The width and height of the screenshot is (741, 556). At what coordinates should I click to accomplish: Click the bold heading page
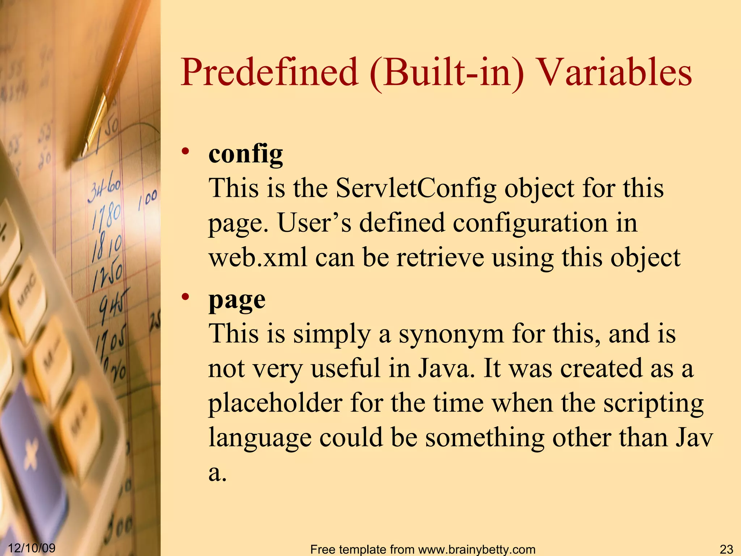[237, 300]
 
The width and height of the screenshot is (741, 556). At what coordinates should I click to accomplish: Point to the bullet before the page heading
[186, 297]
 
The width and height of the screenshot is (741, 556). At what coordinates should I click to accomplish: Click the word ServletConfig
[416, 188]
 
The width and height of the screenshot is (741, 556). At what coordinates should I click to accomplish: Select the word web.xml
[258, 258]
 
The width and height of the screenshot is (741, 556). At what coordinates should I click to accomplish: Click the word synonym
[451, 334]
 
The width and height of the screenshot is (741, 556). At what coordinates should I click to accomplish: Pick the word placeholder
[275, 403]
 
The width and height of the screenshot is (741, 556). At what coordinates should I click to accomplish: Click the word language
[260, 438]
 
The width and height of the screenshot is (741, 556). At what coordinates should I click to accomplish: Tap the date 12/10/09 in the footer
[31, 548]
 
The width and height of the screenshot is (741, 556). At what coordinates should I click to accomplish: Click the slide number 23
[726, 549]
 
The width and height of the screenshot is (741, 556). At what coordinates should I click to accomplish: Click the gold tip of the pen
[95, 123]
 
